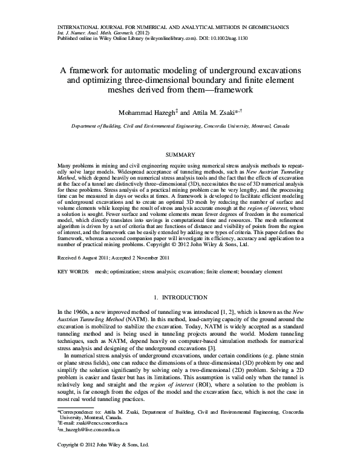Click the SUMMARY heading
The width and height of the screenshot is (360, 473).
[x=180, y=155]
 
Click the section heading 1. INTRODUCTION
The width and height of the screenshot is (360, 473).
[x=180, y=298]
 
